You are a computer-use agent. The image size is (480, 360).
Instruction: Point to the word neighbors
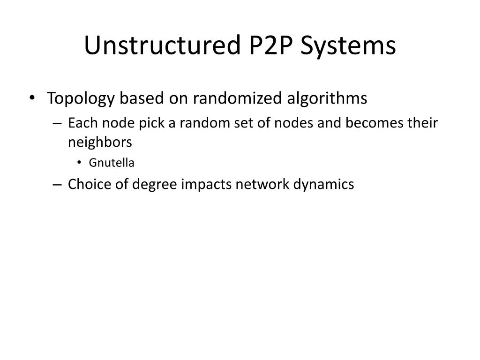[x=99, y=142]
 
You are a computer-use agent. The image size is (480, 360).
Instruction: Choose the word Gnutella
[x=112, y=163]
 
